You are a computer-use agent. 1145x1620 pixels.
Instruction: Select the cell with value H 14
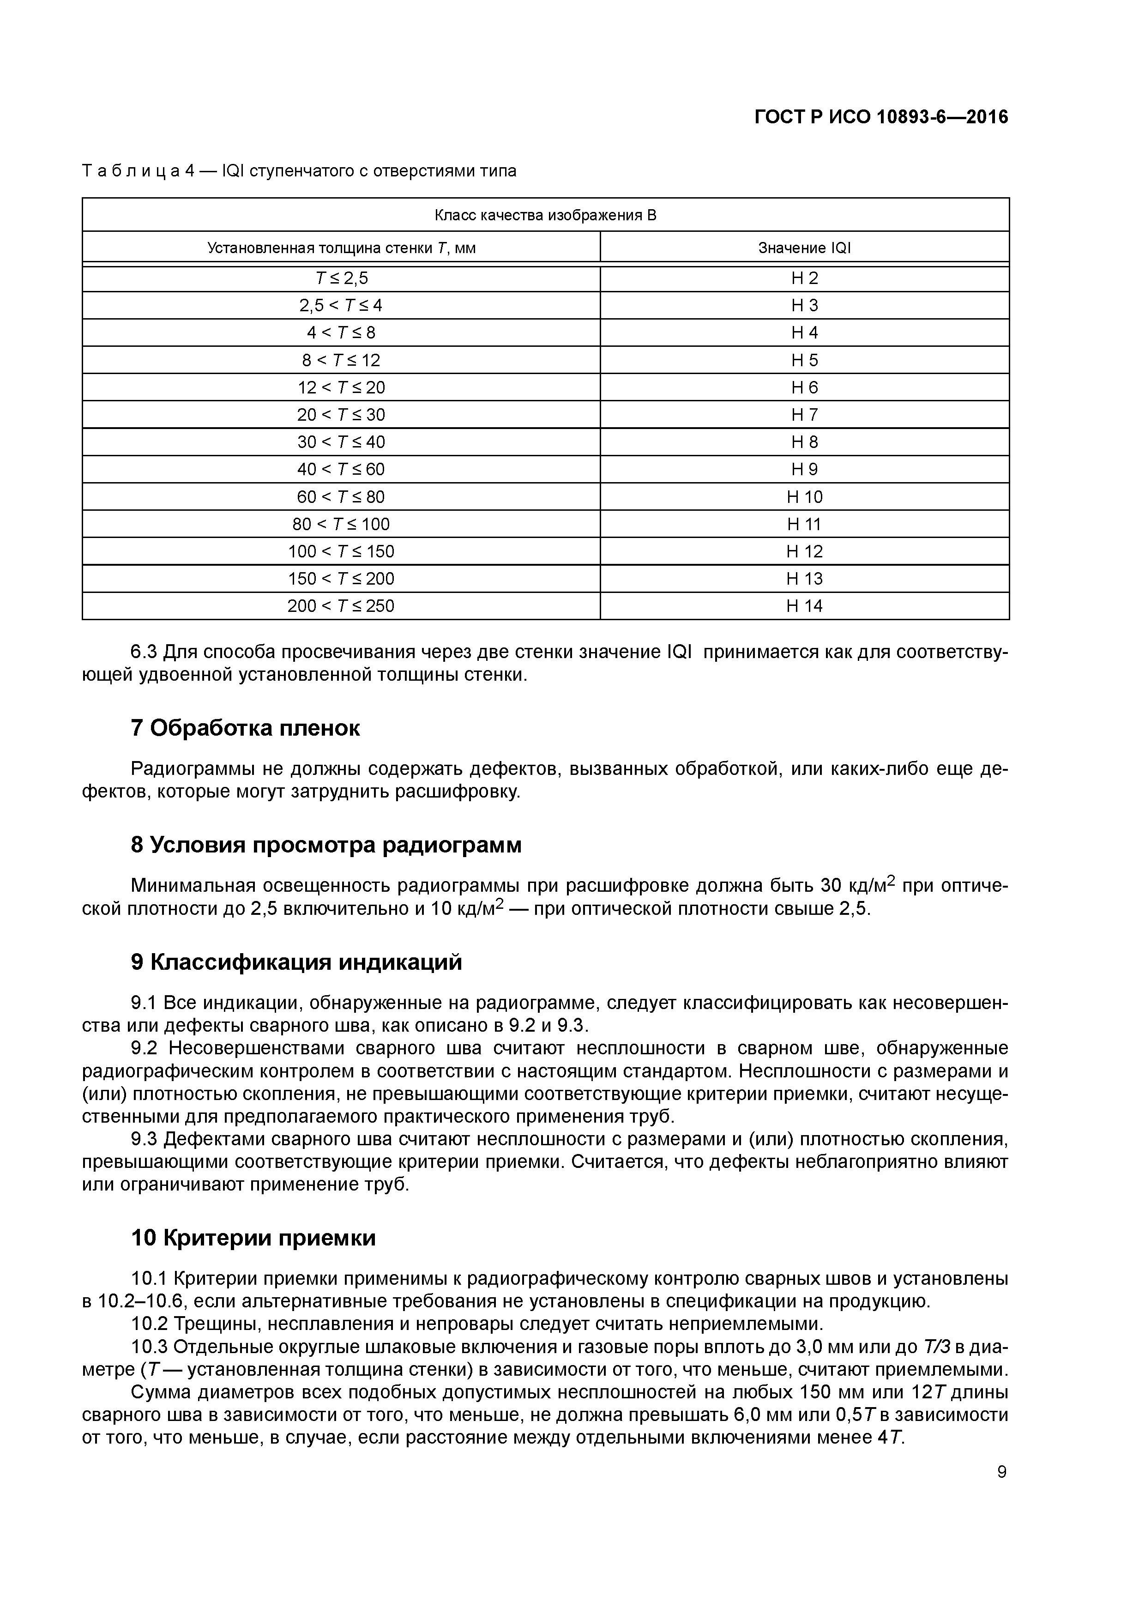point(804,606)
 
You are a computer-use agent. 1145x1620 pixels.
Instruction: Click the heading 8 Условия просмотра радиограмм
point(326,845)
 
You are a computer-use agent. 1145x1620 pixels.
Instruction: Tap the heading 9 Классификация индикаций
point(296,961)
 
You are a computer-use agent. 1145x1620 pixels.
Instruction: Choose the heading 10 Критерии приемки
point(253,1238)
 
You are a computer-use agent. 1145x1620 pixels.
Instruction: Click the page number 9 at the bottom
point(1002,1472)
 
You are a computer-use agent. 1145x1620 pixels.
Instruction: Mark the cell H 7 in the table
point(804,415)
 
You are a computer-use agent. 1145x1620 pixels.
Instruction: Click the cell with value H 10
point(804,497)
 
